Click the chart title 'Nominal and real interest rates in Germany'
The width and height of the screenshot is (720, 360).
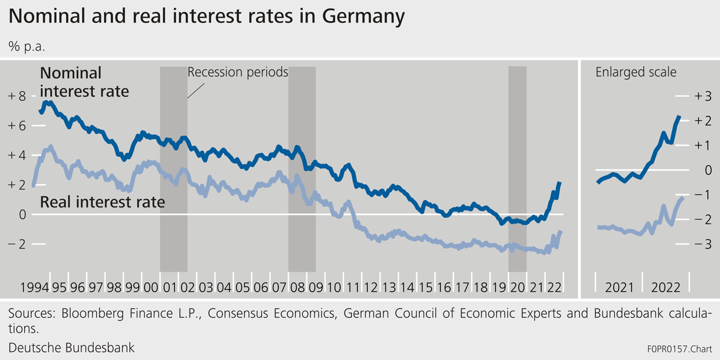(206, 17)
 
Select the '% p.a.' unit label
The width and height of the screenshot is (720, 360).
(26, 47)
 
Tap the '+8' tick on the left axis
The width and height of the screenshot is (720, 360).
(17, 96)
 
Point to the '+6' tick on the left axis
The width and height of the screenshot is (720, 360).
(17, 126)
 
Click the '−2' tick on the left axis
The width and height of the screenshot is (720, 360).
(17, 244)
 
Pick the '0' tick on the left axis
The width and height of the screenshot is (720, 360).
(22, 214)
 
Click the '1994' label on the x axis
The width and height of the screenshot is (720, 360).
(33, 287)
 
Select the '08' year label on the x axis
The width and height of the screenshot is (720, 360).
(297, 287)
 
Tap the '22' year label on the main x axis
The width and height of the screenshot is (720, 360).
(555, 287)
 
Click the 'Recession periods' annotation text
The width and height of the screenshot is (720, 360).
(237, 73)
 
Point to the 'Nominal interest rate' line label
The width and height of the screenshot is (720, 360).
(84, 82)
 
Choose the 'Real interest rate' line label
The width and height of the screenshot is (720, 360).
(102, 202)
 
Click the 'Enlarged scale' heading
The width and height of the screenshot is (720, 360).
(636, 73)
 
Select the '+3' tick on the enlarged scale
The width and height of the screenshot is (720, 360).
(703, 96)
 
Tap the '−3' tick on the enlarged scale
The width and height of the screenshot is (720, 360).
(703, 244)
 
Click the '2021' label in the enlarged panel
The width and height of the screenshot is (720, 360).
(620, 287)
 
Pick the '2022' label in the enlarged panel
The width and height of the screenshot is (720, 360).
(665, 287)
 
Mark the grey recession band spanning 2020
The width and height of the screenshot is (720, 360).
(517, 169)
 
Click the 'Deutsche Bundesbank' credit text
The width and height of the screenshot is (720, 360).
(71, 348)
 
